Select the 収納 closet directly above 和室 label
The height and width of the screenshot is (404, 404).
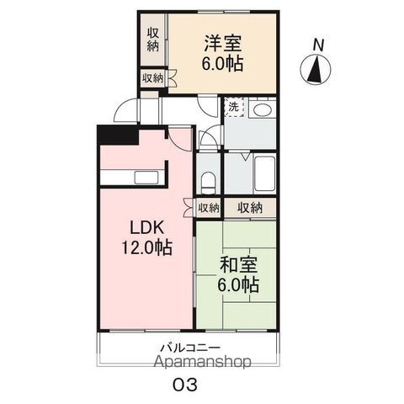pos(250,207)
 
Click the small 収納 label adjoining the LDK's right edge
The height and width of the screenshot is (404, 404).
pos(208,207)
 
